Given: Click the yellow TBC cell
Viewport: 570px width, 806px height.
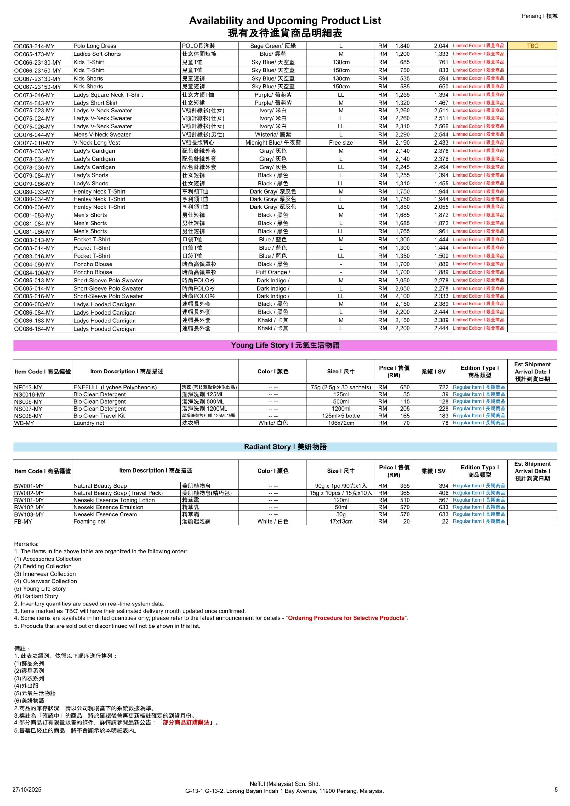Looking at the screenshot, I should (x=532, y=46).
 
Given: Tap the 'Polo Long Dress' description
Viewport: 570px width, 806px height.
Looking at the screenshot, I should (x=94, y=46).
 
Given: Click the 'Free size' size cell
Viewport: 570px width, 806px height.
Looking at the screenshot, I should (x=341, y=143).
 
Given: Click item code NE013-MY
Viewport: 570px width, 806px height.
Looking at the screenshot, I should (x=28, y=387).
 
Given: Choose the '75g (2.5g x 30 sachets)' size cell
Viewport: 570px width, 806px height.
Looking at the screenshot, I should (x=341, y=387).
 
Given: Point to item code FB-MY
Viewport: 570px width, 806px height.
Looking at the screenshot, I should (x=23, y=522).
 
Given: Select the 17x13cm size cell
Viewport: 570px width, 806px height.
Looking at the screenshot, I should (x=341, y=522).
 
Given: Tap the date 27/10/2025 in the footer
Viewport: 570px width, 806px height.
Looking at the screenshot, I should (x=27, y=790).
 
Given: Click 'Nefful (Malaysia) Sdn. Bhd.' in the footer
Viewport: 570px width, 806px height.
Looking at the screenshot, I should (x=284, y=784).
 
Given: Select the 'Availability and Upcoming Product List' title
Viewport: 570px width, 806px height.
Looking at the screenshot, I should (x=284, y=20).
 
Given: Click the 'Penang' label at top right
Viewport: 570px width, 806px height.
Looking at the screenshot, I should (x=531, y=16).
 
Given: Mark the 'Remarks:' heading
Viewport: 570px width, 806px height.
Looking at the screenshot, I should (x=26, y=544).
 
